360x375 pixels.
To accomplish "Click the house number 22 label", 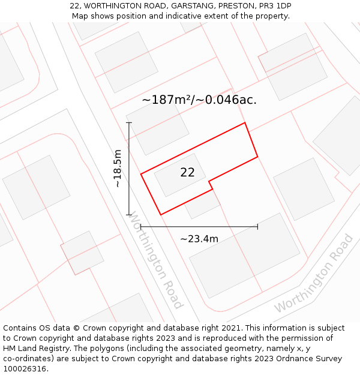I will (x=187, y=172).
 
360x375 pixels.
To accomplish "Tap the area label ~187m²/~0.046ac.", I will (x=199, y=100).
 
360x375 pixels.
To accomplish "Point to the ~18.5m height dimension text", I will (x=118, y=168).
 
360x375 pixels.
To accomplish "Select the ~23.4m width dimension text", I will (x=199, y=239).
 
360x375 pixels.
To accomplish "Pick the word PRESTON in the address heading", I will (x=236, y=6).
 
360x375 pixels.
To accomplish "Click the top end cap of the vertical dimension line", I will (x=129, y=122).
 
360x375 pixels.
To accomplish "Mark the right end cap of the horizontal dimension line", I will (x=257, y=227).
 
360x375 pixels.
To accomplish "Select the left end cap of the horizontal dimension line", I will (x=140, y=227).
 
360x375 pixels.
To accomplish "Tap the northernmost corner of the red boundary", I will (x=245, y=123).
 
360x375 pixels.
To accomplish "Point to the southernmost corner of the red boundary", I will (x=161, y=214).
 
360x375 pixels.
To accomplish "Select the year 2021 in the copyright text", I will (x=230, y=328).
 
